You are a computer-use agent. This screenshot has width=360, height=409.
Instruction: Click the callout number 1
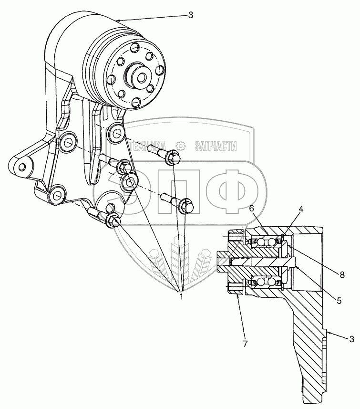[181, 296]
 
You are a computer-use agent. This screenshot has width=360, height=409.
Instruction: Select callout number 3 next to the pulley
[190, 15]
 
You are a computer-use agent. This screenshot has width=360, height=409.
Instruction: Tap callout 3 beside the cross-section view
[352, 339]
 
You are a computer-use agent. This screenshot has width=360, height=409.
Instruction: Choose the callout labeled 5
[339, 301]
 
